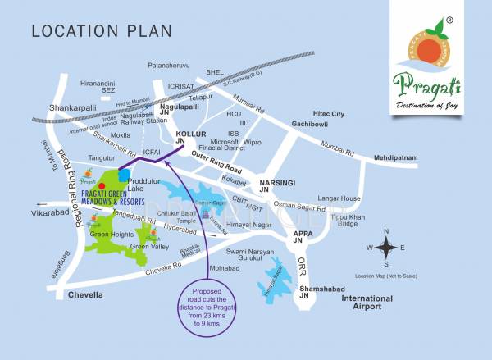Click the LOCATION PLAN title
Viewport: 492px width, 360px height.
pos(102,31)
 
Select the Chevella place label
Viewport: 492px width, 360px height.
pos(86,294)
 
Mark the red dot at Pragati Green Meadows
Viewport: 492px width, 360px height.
pos(102,186)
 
